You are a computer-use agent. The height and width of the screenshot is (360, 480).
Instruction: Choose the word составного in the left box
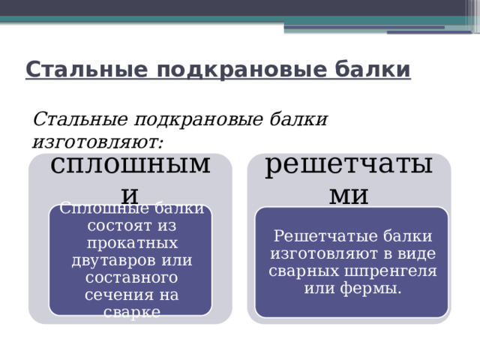click(x=131, y=277)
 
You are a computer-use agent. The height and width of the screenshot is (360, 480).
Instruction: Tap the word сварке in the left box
click(x=131, y=312)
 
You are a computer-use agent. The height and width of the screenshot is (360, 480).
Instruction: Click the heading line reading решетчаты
click(x=349, y=165)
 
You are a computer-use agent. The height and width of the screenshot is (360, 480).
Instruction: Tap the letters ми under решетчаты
click(x=349, y=194)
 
